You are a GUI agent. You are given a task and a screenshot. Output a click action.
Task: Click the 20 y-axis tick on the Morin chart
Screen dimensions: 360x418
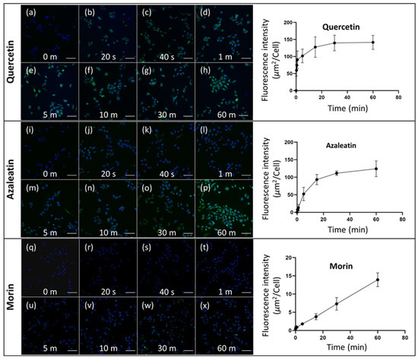[x=288, y=257]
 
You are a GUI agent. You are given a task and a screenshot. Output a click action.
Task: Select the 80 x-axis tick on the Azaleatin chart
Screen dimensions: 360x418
[x=399, y=219]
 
